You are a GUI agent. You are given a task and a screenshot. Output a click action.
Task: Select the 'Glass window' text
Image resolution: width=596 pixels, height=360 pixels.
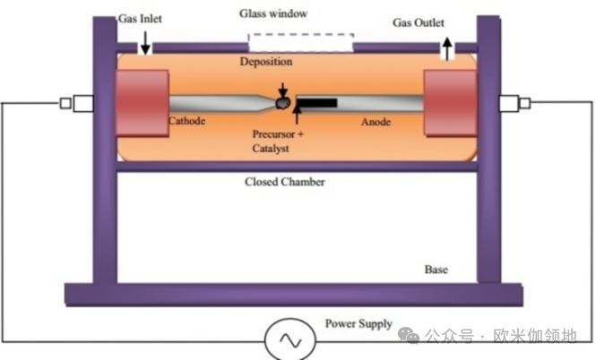273,14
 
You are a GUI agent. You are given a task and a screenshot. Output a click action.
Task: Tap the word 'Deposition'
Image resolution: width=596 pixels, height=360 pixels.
266,62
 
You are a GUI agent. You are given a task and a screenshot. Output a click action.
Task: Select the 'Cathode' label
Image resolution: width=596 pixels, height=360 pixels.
190,121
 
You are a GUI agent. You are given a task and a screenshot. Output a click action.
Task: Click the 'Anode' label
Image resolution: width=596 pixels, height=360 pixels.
376,121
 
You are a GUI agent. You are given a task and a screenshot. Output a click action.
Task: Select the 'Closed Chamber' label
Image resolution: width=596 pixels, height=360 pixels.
285,182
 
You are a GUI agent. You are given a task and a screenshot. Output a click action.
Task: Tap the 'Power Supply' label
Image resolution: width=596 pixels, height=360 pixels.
358,323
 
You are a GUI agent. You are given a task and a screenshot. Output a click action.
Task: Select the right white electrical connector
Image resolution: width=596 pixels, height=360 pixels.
511,103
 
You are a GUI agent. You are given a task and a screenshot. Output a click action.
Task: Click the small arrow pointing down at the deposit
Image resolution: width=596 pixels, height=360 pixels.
283,90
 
